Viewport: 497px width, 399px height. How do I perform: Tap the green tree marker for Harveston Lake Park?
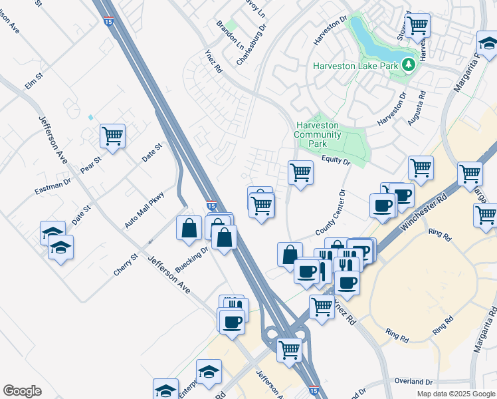coord(409,65)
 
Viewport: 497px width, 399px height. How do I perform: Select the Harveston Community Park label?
coord(317,134)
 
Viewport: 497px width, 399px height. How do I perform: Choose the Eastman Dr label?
coord(52,186)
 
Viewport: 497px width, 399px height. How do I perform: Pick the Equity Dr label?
coord(336,160)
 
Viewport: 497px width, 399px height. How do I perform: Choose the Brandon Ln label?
coord(230,34)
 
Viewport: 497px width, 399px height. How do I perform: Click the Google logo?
coord(22,391)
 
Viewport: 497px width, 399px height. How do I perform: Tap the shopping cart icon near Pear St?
coord(113,136)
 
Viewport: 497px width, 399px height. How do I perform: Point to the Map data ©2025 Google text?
coord(455,394)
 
